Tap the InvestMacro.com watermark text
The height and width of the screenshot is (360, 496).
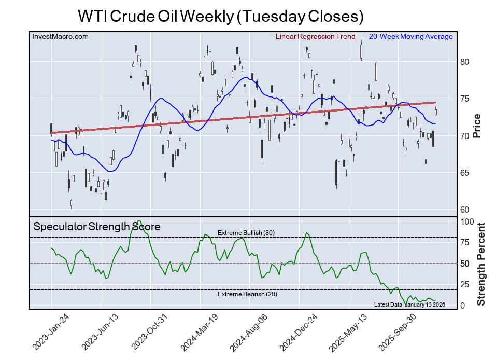coord(60,36)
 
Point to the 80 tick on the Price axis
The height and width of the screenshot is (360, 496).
coord(464,62)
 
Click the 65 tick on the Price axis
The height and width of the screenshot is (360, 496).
coord(464,173)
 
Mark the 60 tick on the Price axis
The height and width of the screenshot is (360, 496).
coord(464,210)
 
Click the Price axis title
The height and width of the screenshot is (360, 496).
coord(477,126)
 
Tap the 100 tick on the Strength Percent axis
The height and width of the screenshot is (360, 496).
coord(467,221)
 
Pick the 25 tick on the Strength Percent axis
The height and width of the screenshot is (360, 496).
coord(465,284)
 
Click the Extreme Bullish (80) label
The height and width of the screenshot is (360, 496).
coord(246,233)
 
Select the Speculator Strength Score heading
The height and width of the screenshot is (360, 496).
coord(97,227)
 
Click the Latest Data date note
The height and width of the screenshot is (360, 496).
coord(409,304)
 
